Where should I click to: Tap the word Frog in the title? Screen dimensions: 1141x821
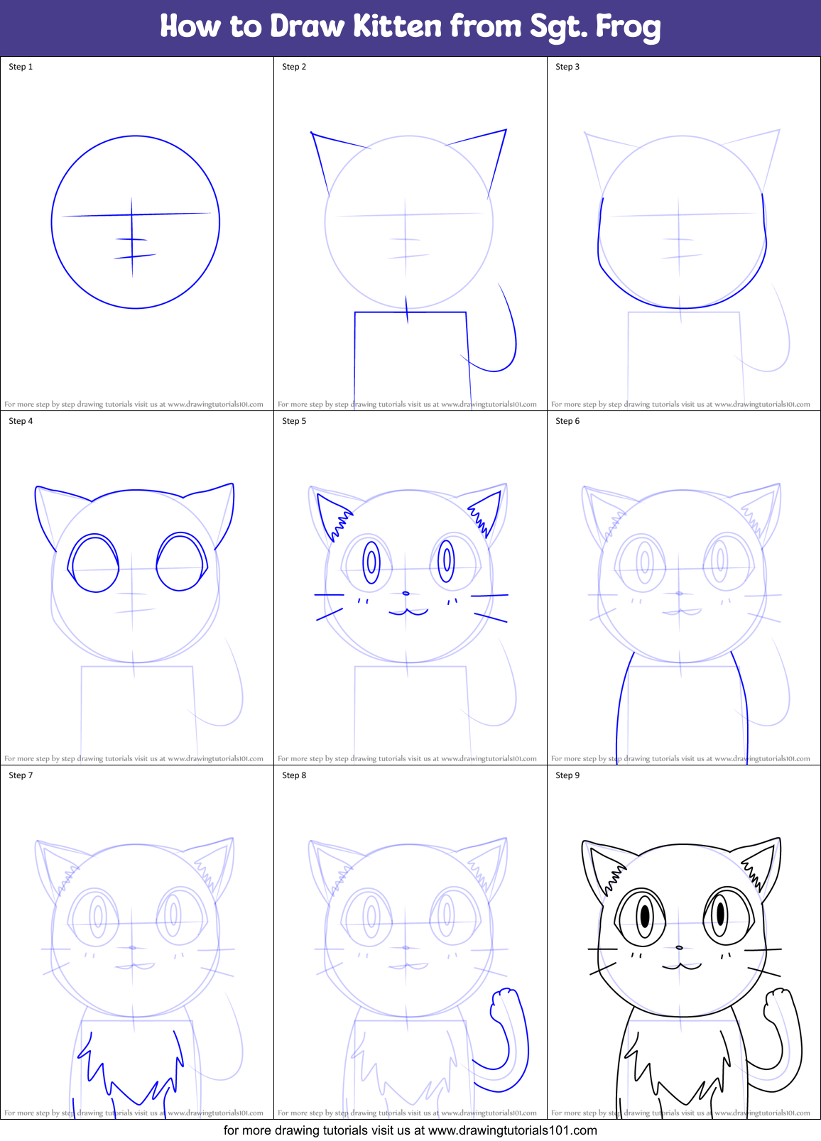click(x=628, y=27)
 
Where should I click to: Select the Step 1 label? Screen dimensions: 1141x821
click(x=21, y=67)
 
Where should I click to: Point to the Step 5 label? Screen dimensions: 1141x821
click(x=294, y=421)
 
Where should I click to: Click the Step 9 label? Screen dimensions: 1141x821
click(x=567, y=775)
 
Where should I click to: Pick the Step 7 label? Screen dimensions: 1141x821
click(x=21, y=775)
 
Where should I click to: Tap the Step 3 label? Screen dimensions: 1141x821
click(x=567, y=67)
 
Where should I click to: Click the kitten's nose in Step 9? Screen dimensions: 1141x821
click(x=679, y=947)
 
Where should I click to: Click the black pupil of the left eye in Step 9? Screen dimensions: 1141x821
click(x=645, y=916)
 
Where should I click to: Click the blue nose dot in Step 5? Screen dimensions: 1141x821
click(x=406, y=593)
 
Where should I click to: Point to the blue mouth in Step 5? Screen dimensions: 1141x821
click(x=408, y=611)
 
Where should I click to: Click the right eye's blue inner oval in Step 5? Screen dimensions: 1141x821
click(x=447, y=560)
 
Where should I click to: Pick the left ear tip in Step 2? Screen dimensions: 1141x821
click(x=312, y=132)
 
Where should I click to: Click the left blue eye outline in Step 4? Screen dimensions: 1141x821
click(x=94, y=564)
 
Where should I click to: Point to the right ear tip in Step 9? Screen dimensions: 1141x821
click(x=779, y=839)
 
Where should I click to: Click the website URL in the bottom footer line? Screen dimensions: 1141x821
click(x=513, y=1130)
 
